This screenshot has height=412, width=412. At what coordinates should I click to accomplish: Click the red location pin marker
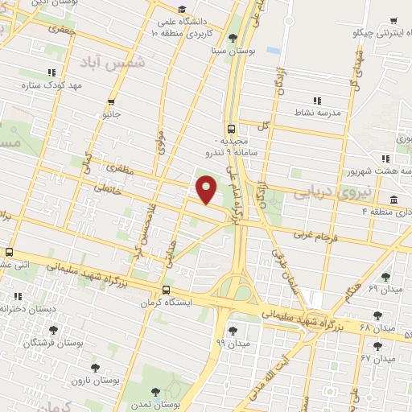(207, 189)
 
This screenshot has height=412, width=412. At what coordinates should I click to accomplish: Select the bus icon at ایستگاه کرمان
(166, 290)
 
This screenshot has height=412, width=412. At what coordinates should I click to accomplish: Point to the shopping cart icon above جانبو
(111, 102)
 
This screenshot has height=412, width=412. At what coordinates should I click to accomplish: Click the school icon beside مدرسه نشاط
(317, 101)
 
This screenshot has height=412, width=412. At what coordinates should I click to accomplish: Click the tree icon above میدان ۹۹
(233, 330)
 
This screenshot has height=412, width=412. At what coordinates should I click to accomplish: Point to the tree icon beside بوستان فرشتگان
(54, 330)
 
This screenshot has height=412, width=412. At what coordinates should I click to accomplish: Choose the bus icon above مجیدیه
(232, 128)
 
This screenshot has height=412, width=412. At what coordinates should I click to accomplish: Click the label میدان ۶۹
(384, 288)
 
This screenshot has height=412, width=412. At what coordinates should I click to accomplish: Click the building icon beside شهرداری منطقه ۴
(393, 200)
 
